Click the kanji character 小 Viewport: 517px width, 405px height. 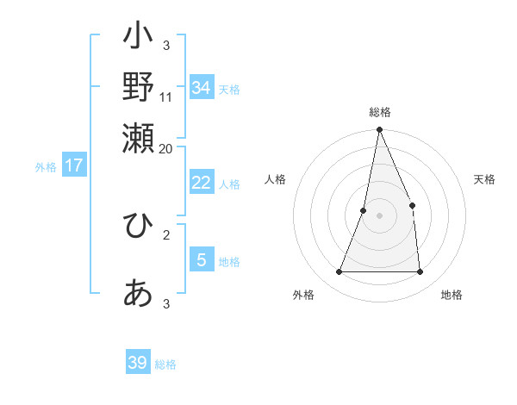[x=138, y=38]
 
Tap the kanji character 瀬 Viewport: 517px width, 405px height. [x=138, y=136]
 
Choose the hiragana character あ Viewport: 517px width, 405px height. [x=138, y=293]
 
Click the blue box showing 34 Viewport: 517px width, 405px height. [x=201, y=87]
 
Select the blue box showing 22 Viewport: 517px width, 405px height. [x=201, y=183]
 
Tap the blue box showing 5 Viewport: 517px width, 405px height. [x=201, y=259]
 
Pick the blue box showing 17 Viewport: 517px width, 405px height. [x=74, y=165]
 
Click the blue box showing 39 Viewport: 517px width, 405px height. [x=138, y=363]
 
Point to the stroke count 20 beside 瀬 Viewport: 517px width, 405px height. [x=165, y=148]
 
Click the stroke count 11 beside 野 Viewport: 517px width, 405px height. [x=166, y=97]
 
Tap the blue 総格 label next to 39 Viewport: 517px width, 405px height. [x=165, y=364]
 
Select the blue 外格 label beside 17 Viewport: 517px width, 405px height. [x=46, y=167]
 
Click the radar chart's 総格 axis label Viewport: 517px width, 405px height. [x=379, y=112]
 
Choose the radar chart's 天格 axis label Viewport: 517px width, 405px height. [x=484, y=179]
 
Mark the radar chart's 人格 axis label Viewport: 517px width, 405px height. [x=275, y=179]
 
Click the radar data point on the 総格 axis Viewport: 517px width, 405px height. [x=379, y=130]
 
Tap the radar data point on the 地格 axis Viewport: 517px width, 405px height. [x=420, y=272]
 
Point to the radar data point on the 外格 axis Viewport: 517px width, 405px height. [x=339, y=272]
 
